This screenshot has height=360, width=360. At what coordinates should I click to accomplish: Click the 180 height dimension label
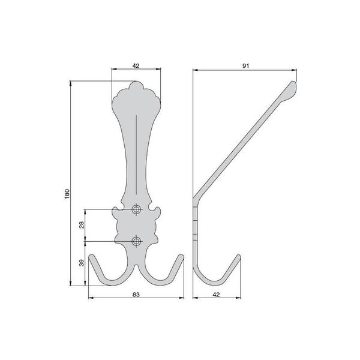coord(67,194)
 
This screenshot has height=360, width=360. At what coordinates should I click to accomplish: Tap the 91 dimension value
coord(245,66)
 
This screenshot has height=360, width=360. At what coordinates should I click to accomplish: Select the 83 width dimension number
coord(136,295)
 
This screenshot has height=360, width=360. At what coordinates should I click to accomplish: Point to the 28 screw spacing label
coord(82,225)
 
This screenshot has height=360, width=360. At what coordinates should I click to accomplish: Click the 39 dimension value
coord(82,263)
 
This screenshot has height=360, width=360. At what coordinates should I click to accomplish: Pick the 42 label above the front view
coord(136,66)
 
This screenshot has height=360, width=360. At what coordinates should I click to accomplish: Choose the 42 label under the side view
coord(216,295)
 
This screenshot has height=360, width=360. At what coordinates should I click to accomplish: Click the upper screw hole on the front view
coord(136,209)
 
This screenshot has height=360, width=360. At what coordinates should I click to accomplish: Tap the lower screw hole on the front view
coord(136,241)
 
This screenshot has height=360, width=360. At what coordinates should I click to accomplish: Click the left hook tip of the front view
coord(91,256)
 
